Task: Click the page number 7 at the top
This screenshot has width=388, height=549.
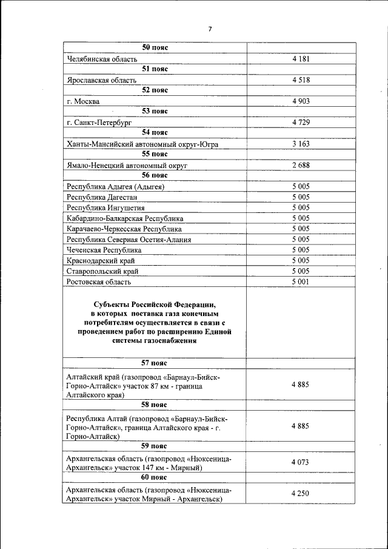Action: (x=210, y=29)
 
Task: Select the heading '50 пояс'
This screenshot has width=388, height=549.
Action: (x=155, y=47)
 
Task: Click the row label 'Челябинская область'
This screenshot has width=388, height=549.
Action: (x=102, y=59)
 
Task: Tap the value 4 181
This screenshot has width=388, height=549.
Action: (x=300, y=59)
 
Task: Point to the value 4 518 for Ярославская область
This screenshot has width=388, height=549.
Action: (x=300, y=80)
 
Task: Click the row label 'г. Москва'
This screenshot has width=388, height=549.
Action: (x=84, y=101)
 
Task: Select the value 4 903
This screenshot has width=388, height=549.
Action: (x=300, y=101)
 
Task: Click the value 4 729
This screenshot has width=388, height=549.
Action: (x=300, y=123)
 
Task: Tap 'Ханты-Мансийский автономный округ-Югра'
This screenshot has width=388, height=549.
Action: (x=142, y=144)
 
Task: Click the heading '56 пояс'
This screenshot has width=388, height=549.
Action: (x=155, y=175)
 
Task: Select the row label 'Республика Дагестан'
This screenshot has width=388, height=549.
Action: (x=102, y=197)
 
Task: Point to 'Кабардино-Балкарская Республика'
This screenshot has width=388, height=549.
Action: (x=125, y=218)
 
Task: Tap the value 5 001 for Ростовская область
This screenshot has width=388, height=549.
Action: (x=300, y=281)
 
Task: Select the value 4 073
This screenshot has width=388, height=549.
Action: (x=300, y=462)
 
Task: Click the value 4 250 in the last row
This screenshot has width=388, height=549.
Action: (x=300, y=494)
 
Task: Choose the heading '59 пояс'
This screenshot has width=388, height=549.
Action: (x=155, y=446)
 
